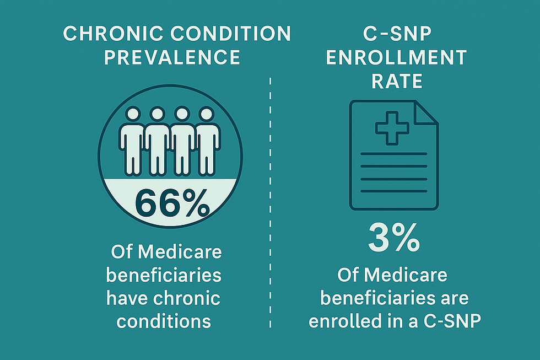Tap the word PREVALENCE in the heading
coord(172,57)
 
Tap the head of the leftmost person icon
coord(133,115)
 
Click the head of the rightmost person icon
coord(206,115)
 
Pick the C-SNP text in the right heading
coord(396,34)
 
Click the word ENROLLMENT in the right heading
coord(396,57)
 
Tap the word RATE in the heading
coord(396,81)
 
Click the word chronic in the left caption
coord(190,298)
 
